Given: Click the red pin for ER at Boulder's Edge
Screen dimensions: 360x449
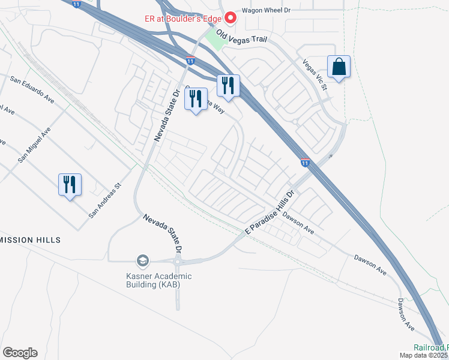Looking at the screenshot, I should click(229, 17).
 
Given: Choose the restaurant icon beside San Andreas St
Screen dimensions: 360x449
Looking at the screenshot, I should click(69, 185).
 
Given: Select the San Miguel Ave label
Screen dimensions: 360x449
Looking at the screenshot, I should click(34, 145).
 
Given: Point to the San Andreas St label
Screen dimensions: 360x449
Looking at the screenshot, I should click(105, 200).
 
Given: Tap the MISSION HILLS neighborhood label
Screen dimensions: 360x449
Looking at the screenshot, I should click(31, 240).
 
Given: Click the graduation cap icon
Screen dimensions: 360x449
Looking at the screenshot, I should click(142, 260).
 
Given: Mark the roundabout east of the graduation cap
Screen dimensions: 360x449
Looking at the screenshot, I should click(178, 261).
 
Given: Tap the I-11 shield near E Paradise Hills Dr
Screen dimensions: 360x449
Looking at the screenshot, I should click(306, 162).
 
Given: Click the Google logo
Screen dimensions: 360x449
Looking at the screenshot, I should click(20, 353).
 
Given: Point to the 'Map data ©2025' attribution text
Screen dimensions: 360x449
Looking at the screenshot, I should click(424, 355).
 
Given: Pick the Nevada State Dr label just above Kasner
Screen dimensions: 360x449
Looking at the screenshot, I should click(161, 233).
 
